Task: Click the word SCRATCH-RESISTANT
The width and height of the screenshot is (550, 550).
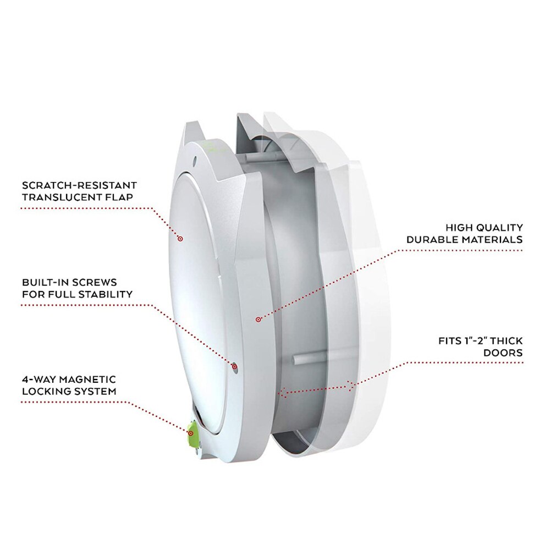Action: (79, 185)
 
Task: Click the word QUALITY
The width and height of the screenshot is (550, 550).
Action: (499, 228)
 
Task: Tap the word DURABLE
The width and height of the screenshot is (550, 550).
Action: (432, 240)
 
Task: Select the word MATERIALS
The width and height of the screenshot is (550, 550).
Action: (492, 240)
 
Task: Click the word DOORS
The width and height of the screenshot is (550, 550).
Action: (503, 353)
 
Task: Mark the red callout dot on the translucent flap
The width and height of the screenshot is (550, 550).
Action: (180, 239)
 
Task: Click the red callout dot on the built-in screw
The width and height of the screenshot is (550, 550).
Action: (235, 367)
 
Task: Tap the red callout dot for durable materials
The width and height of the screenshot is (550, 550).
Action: (258, 320)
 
